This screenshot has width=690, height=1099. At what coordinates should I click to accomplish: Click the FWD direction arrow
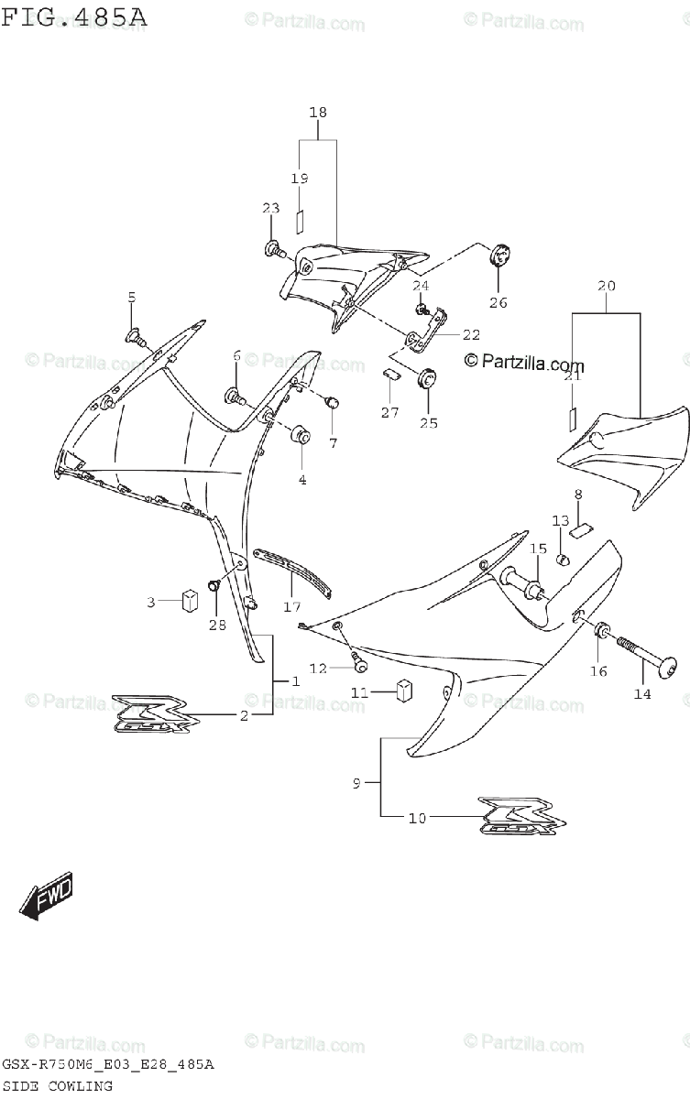(45, 895)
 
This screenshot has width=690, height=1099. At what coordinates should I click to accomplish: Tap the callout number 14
(642, 694)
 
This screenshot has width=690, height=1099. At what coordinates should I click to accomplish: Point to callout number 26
(498, 303)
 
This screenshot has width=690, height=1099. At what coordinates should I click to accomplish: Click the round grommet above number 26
(500, 255)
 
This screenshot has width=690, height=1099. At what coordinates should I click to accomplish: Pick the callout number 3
(152, 602)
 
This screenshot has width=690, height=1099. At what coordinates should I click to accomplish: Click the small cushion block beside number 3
(191, 601)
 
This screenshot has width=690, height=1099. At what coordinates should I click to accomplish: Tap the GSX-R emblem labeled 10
(515, 815)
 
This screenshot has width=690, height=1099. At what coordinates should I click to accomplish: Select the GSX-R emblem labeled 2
(151, 713)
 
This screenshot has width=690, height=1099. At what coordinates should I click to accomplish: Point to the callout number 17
(290, 605)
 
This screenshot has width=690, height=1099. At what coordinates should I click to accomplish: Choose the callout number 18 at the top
(318, 112)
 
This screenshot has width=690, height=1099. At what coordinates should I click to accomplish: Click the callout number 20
(606, 286)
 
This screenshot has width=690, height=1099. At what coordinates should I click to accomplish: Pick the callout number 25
(428, 423)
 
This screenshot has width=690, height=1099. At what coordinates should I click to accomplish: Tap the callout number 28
(216, 625)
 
